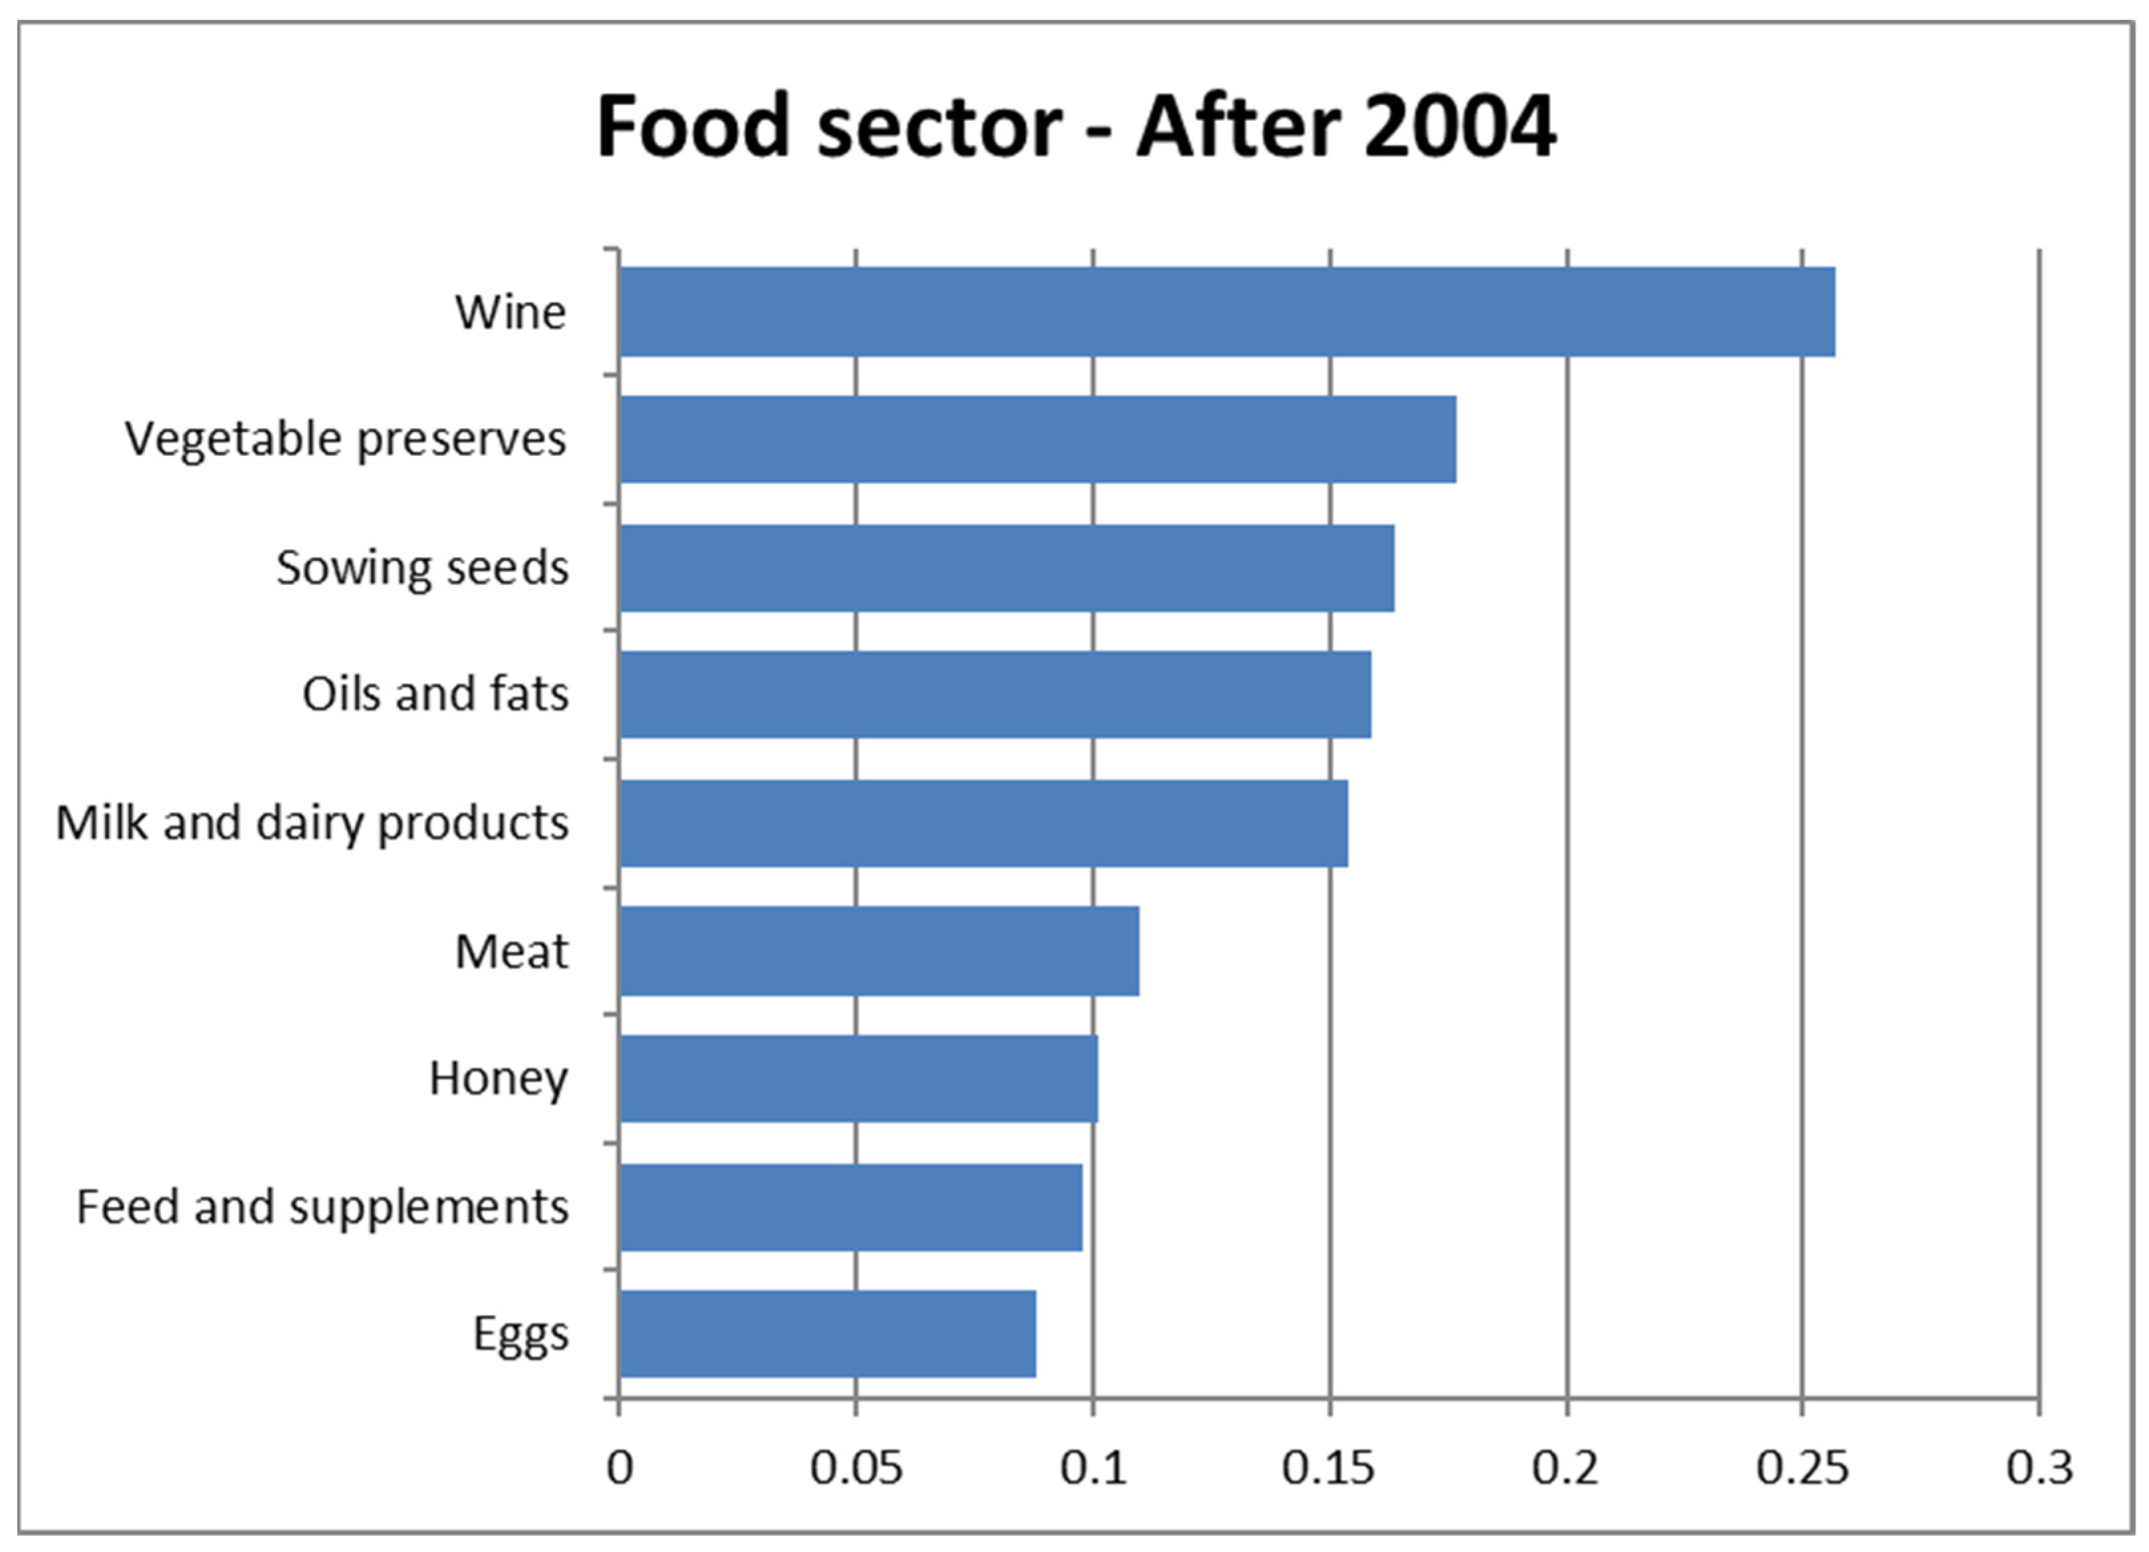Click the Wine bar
coord(1226,312)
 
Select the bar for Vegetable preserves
coord(1038,439)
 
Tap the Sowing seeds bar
coord(1006,568)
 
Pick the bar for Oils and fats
coord(995,695)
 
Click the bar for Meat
coord(879,950)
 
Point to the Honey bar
coord(858,1078)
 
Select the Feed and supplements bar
coord(851,1207)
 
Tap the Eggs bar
coord(827,1334)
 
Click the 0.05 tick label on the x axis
coord(855,1468)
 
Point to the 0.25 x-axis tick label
coord(1801,1468)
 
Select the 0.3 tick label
coord(2039,1468)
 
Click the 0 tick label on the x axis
coord(620,1468)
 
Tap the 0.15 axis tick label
coord(1329,1468)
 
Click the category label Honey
coord(499,1078)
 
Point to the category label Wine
coord(510,312)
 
